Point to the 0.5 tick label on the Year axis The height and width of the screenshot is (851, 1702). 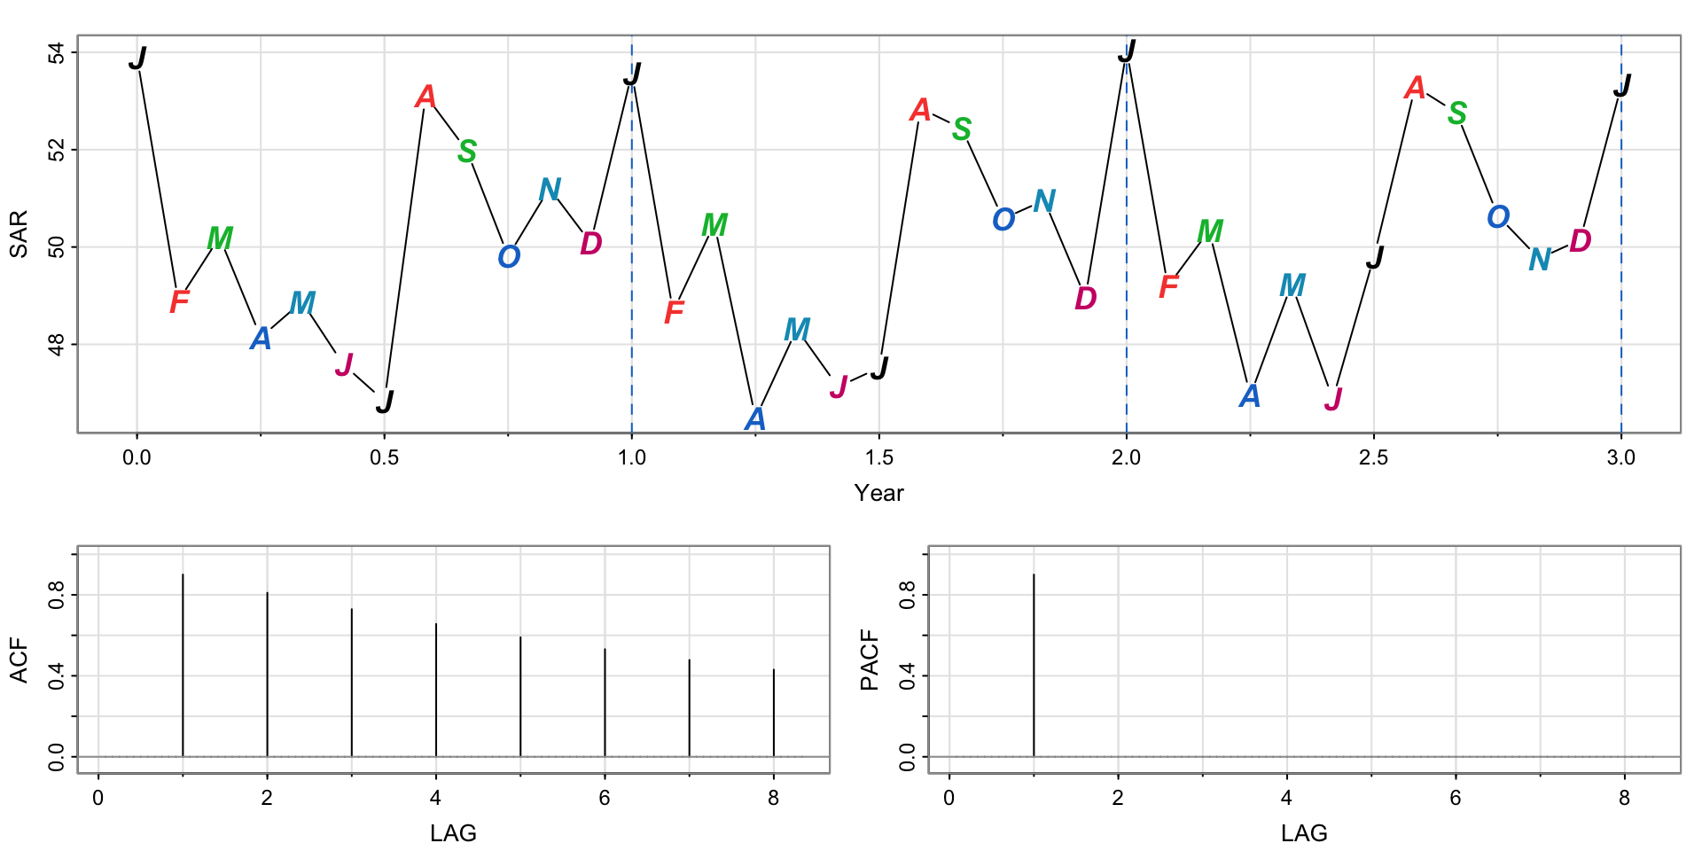(x=384, y=458)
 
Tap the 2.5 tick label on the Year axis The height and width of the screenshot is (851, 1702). (x=1373, y=458)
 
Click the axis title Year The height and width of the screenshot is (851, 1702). (x=878, y=494)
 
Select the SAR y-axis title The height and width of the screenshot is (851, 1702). (x=19, y=234)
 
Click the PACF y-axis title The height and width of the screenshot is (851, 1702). (x=870, y=660)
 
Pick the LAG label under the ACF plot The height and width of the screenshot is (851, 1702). (x=453, y=833)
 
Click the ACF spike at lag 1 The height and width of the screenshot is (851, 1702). (x=183, y=665)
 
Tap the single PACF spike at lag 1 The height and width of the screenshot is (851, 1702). (x=1034, y=665)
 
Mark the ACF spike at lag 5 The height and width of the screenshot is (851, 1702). (x=520, y=696)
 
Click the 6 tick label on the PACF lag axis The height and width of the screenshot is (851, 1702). (x=1456, y=798)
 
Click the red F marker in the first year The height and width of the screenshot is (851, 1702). (x=179, y=302)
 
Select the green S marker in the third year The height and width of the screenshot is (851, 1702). (x=1457, y=113)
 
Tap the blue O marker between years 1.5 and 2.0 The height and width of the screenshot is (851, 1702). (x=1003, y=219)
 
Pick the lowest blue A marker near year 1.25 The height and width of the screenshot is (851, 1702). (x=754, y=418)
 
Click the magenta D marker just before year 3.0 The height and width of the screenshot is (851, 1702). (x=1581, y=241)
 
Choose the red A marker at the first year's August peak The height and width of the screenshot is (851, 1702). (x=425, y=97)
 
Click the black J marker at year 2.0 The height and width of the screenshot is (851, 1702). (x=1127, y=52)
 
